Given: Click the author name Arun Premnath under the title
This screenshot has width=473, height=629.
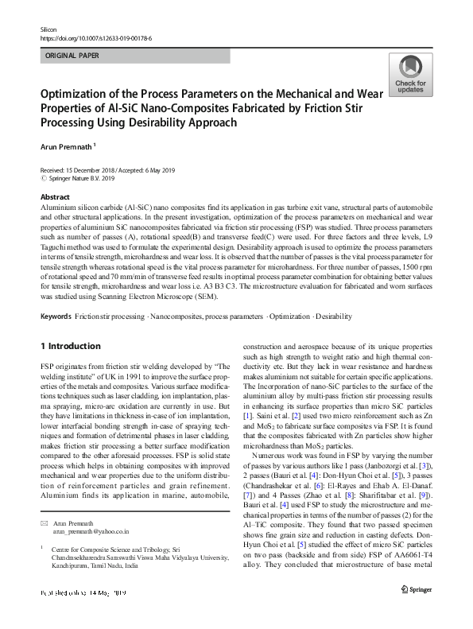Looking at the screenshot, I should pyautogui.click(x=66, y=146).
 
